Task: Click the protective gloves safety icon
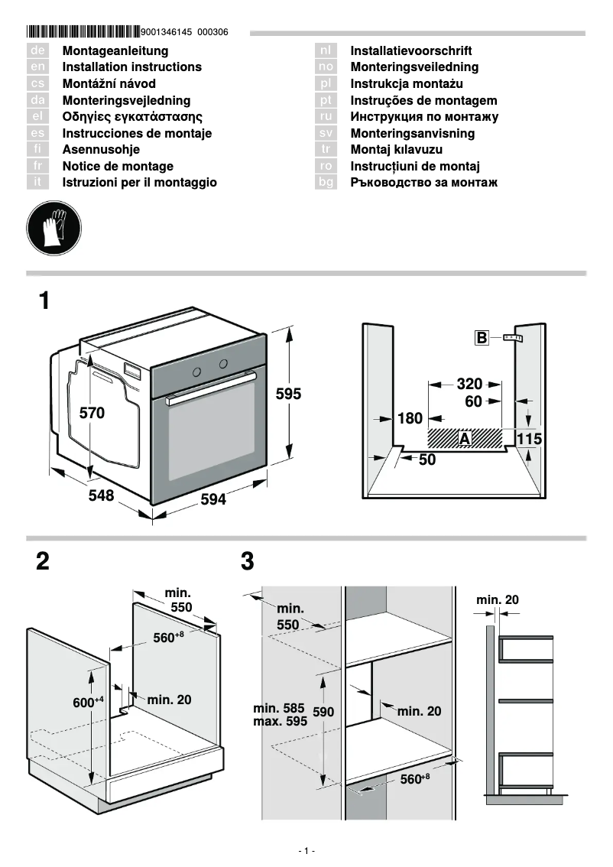point(54,228)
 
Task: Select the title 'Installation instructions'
point(131,67)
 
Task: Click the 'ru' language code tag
point(326,117)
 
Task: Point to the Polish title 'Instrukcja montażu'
point(407,84)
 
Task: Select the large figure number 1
point(45,300)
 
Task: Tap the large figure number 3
point(247,562)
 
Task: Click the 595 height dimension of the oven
point(288,395)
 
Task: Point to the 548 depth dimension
point(101,495)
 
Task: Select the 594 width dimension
point(213,499)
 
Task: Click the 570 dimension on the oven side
point(92,413)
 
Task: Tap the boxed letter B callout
point(482,338)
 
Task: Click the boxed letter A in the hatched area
point(464,438)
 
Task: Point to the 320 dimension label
point(469,385)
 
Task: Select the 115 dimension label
point(529,439)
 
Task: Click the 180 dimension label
point(410,418)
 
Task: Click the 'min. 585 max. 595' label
point(280,715)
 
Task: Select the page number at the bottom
point(306,851)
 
